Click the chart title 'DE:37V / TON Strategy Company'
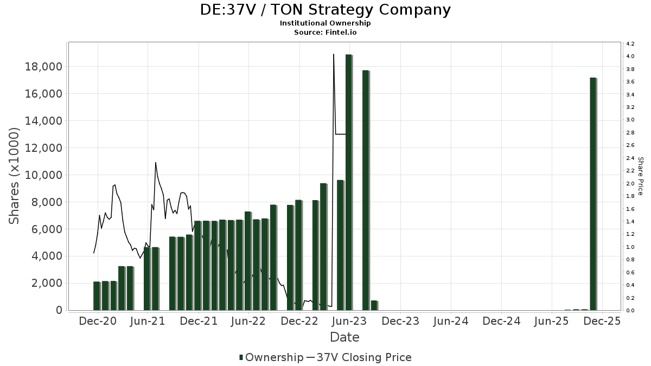tap(325, 10)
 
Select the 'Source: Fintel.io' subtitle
tap(325, 32)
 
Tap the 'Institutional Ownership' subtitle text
tap(325, 23)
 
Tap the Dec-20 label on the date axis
tap(98, 321)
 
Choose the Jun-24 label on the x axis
tap(451, 321)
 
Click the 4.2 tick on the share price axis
tap(630, 43)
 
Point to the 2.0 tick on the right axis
tap(630, 183)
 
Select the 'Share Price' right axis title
tap(640, 176)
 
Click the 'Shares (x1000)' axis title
tap(14, 176)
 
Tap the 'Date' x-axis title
tap(344, 337)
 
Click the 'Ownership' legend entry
tap(271, 357)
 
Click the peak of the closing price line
tap(333, 54)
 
